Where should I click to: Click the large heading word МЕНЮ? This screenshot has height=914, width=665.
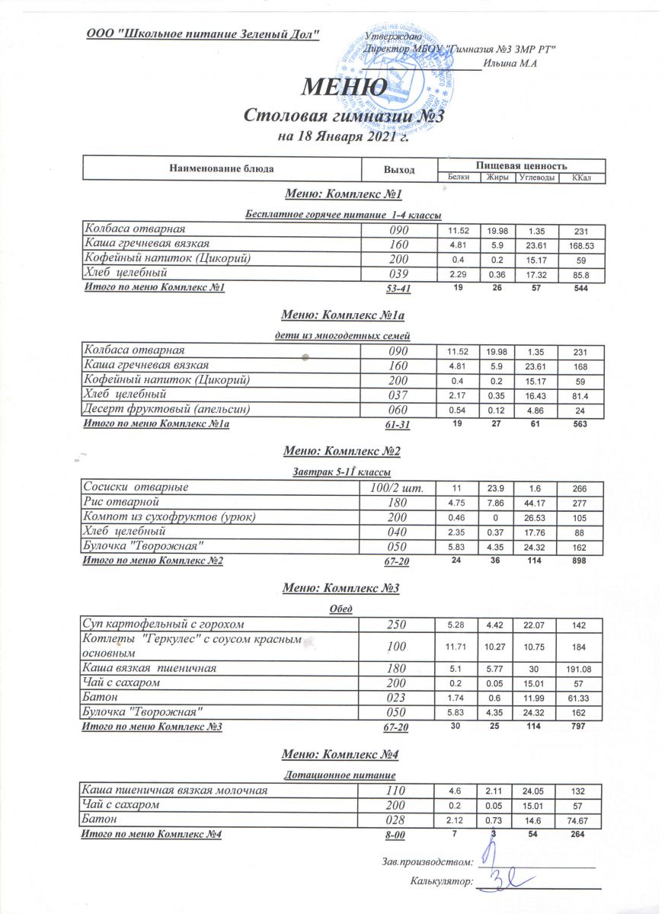(x=340, y=88)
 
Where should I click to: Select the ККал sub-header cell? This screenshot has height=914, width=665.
(x=582, y=178)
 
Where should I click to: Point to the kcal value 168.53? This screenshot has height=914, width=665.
(x=582, y=246)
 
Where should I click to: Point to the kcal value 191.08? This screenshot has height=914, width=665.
(x=582, y=669)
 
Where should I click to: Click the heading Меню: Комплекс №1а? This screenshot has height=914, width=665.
(x=342, y=315)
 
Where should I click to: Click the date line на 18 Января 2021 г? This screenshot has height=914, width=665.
(x=342, y=137)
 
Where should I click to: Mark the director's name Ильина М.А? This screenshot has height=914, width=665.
(x=515, y=64)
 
